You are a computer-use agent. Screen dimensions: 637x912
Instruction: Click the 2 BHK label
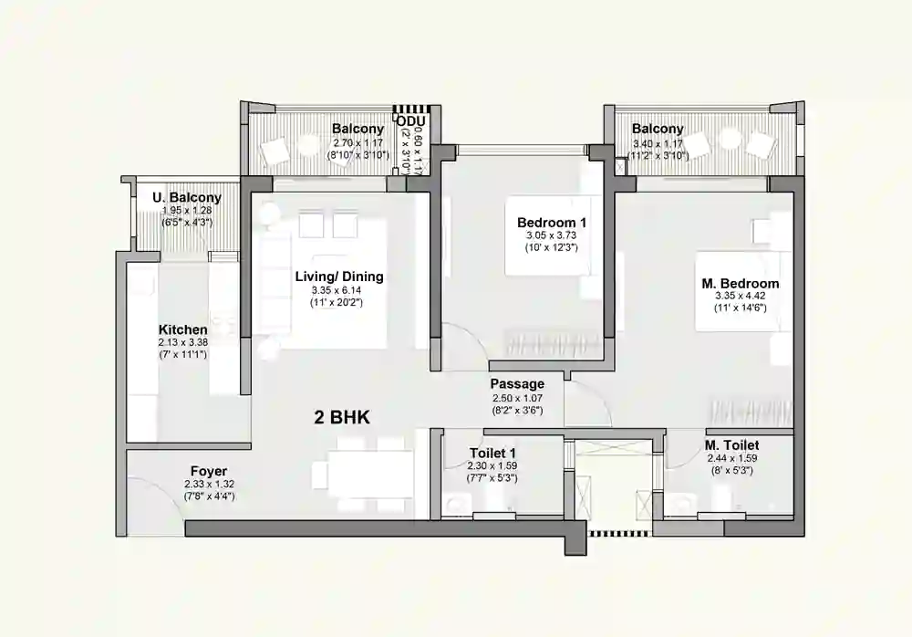pyautogui.click(x=343, y=417)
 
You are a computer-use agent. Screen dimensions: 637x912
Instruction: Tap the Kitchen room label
pyautogui.click(x=182, y=329)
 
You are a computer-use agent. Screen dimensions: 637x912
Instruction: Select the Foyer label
pyautogui.click(x=209, y=471)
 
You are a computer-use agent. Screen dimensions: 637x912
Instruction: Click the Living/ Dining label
pyautogui.click(x=339, y=277)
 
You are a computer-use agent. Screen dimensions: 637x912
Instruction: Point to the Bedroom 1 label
pyautogui.click(x=552, y=223)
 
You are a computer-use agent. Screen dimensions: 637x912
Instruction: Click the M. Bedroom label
pyautogui.click(x=741, y=284)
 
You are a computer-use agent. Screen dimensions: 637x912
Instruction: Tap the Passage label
pyautogui.click(x=517, y=384)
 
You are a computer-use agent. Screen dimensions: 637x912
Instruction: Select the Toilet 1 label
pyautogui.click(x=492, y=453)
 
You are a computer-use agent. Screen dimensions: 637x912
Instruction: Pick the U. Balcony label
pyautogui.click(x=187, y=197)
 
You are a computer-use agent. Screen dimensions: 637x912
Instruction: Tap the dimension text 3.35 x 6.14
pyautogui.click(x=339, y=290)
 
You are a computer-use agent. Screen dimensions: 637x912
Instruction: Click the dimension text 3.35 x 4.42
pyautogui.click(x=741, y=297)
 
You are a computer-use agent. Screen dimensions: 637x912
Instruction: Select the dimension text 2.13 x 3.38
pyautogui.click(x=182, y=342)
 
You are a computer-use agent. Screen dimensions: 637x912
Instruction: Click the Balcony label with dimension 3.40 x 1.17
pyautogui.click(x=658, y=130)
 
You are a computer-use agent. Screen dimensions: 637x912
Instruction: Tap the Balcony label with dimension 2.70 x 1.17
pyautogui.click(x=358, y=129)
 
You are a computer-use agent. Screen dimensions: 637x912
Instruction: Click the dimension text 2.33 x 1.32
pyautogui.click(x=209, y=484)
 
